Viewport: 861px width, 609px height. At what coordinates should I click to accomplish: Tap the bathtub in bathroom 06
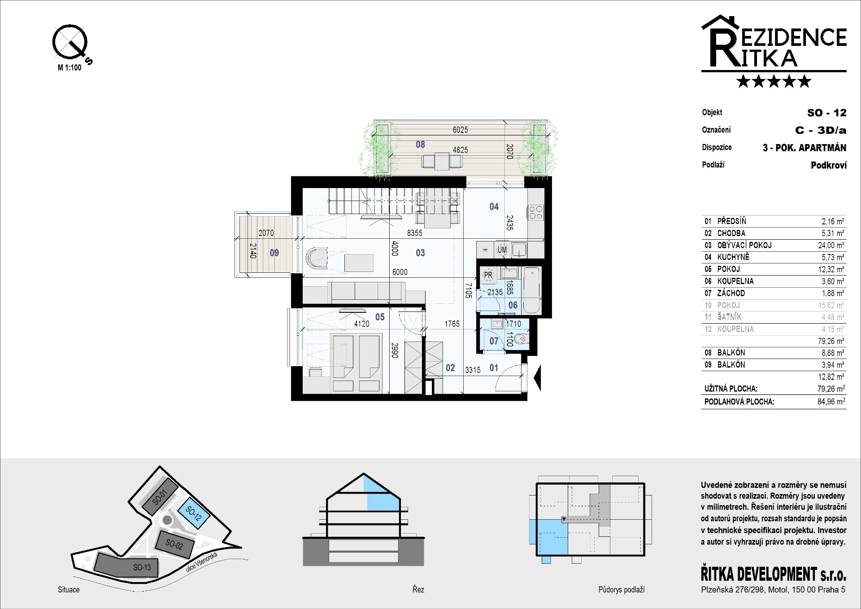point(532,290)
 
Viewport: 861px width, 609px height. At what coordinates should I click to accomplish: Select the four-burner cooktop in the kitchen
point(535,212)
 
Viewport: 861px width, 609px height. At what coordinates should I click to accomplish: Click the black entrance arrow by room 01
point(537,378)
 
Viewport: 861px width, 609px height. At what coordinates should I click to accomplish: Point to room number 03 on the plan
point(420,253)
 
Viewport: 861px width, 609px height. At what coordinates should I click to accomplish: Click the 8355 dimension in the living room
point(415,233)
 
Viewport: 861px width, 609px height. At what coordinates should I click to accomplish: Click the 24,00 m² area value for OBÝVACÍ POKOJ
point(831,245)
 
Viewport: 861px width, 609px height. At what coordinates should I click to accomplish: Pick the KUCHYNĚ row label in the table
point(733,257)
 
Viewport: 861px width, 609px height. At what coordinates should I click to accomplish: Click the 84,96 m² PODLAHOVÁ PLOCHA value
point(831,402)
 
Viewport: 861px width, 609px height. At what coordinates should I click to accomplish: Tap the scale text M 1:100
point(70,68)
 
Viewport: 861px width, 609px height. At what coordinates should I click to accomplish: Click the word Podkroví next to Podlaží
point(829,165)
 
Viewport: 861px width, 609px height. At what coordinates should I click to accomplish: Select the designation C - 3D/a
point(821,130)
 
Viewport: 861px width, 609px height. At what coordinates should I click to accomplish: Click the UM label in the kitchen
point(502,250)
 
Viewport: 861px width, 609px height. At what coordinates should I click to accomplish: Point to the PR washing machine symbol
point(488,275)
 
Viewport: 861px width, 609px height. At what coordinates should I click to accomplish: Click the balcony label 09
point(274,253)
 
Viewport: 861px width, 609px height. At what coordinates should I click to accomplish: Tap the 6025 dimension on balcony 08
point(460,130)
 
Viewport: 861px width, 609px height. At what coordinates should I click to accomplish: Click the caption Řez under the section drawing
point(418,590)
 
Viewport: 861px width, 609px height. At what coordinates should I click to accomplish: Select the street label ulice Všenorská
point(201,562)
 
